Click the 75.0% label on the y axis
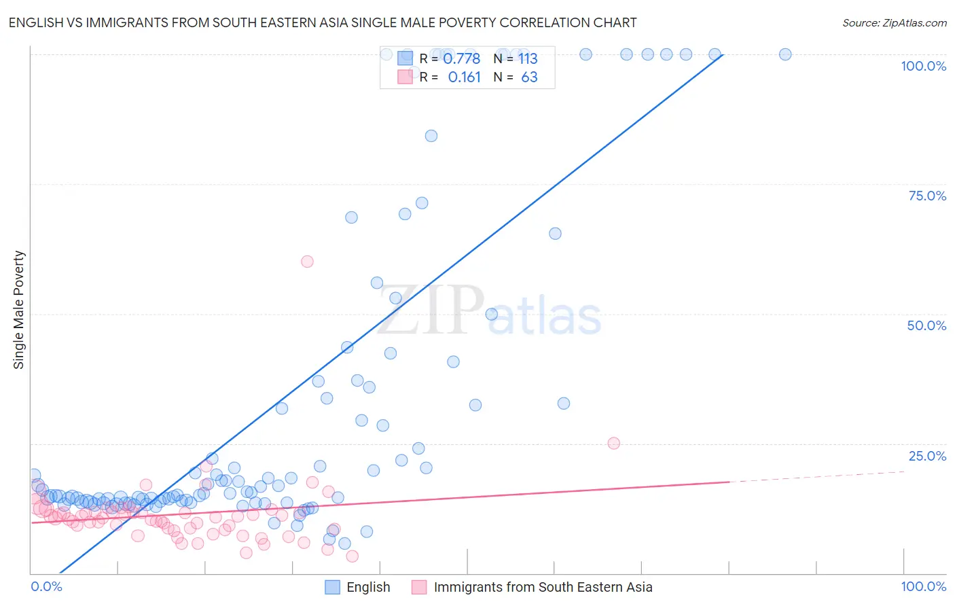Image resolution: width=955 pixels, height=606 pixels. (x=926, y=196)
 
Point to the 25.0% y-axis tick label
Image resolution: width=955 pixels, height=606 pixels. (x=926, y=456)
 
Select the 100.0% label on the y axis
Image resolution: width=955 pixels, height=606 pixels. (x=923, y=66)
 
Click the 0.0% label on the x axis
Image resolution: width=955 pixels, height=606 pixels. (x=46, y=586)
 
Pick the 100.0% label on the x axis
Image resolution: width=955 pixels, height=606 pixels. (x=923, y=586)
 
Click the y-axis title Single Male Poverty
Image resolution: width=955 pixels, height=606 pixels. (x=19, y=310)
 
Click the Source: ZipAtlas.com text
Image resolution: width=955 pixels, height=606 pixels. (x=894, y=22)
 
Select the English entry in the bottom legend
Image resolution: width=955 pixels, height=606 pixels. (x=367, y=587)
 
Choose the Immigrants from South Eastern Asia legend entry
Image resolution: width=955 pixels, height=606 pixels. (x=542, y=587)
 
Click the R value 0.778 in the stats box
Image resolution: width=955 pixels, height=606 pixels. (x=461, y=58)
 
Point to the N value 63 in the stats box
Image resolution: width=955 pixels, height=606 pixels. (x=529, y=77)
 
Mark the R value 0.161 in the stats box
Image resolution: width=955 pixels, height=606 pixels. (x=464, y=77)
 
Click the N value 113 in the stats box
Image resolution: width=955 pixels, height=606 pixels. (x=528, y=58)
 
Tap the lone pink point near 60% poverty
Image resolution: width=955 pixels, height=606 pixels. (x=307, y=262)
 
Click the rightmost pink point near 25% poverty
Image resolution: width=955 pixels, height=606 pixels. (x=613, y=443)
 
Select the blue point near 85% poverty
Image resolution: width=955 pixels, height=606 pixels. (x=431, y=136)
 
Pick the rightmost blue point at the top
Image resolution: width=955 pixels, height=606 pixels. (x=785, y=54)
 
